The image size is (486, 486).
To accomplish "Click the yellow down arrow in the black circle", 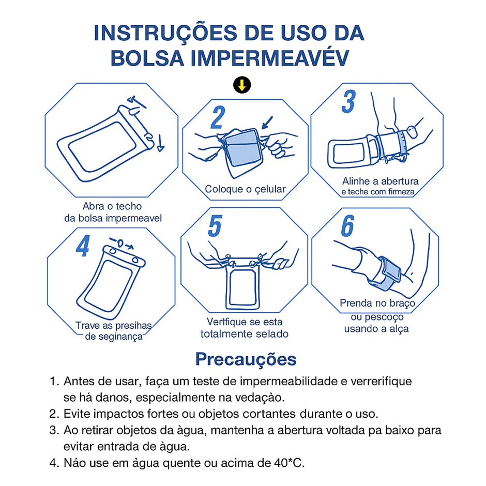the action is [242, 85].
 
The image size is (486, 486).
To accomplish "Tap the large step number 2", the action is [218, 117].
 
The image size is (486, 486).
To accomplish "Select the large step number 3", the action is [348, 101].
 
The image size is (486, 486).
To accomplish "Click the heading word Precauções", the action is [246, 359].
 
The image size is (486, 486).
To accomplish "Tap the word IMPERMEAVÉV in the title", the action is [270, 58].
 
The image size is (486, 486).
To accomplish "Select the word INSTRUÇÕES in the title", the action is [165, 33].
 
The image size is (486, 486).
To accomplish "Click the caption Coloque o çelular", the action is [245, 189].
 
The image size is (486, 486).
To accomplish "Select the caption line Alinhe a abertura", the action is [381, 181].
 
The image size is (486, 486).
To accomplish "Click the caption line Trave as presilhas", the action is [113, 325].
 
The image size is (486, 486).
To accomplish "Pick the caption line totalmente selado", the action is [244, 334].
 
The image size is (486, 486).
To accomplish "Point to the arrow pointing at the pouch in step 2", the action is [267, 123].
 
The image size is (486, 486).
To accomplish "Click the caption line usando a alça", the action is [376, 328].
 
